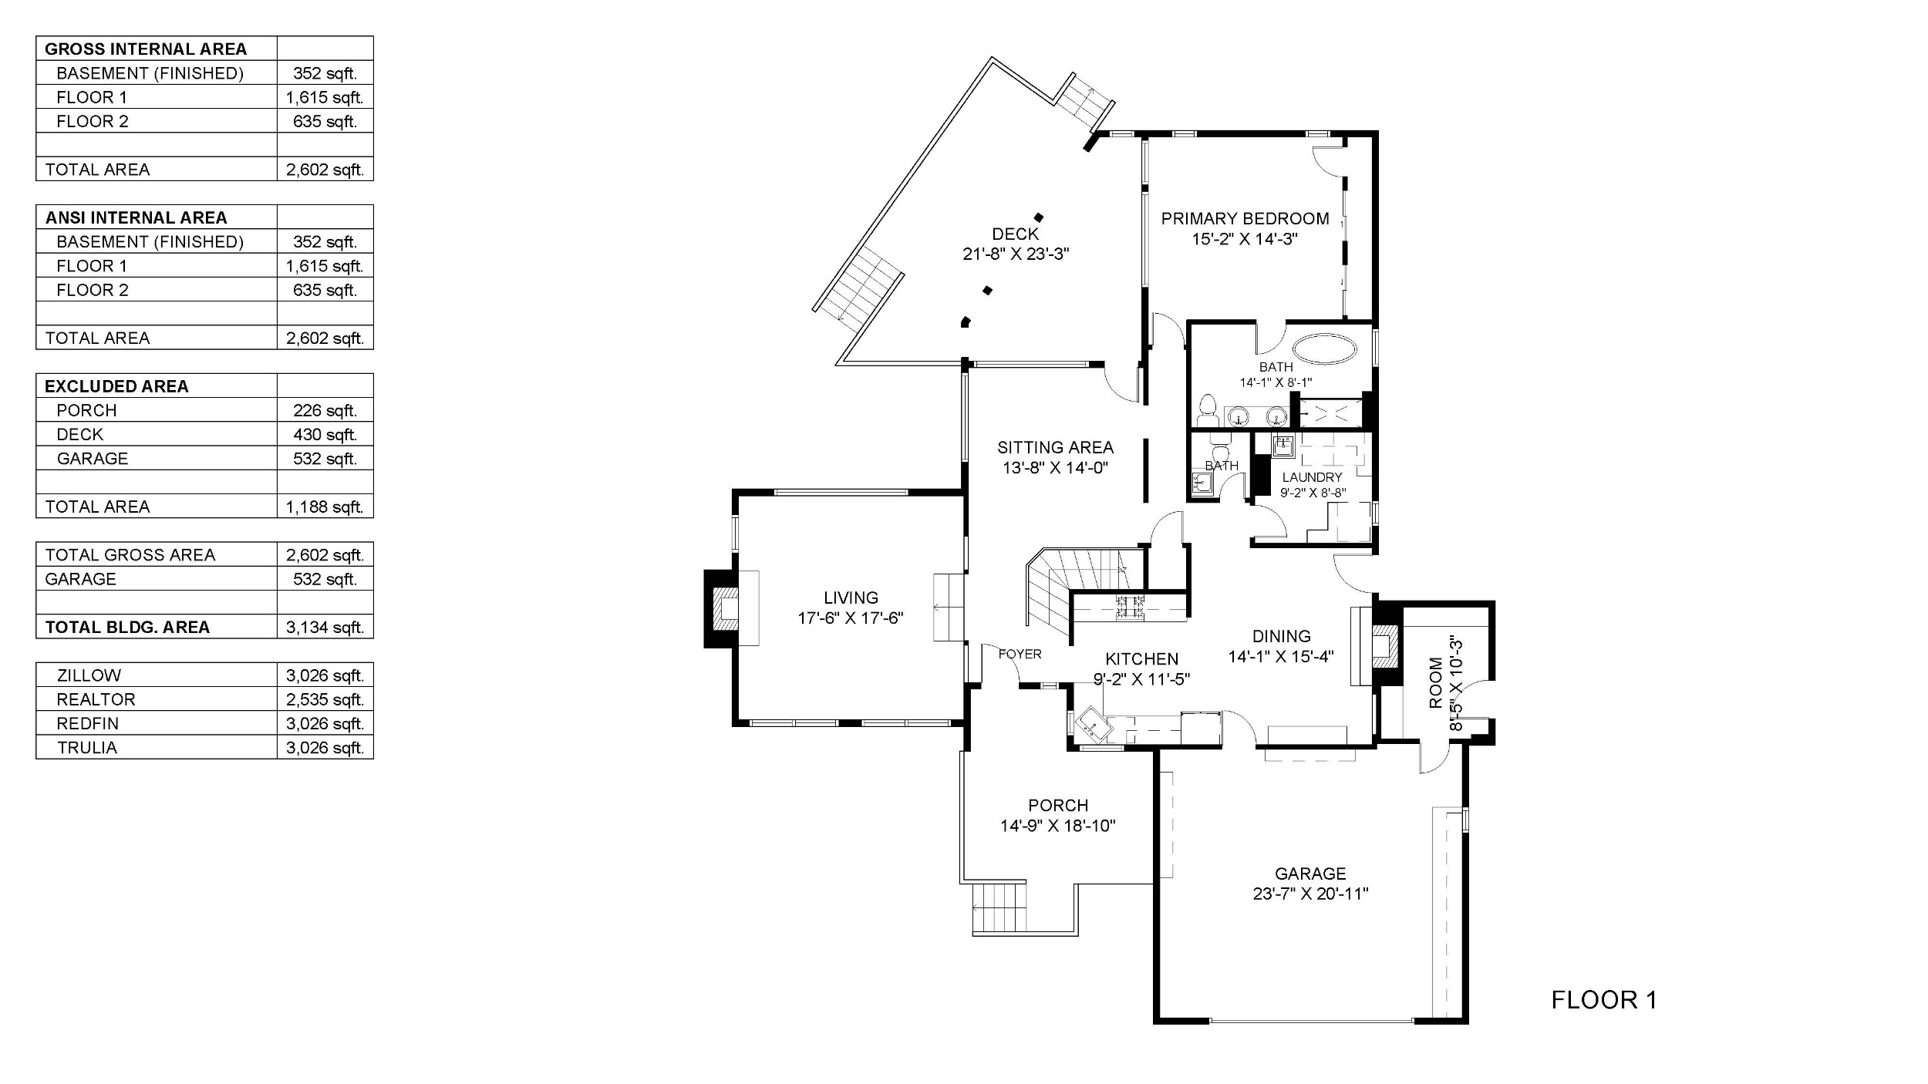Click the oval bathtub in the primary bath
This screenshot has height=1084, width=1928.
click(1325, 349)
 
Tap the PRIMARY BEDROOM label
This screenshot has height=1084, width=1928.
click(1245, 218)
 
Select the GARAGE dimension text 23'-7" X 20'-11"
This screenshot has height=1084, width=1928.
click(1310, 894)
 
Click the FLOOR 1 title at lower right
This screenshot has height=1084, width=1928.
click(1604, 1000)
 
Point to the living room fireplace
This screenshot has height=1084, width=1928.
click(722, 609)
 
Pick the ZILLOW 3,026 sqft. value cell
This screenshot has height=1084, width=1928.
click(325, 675)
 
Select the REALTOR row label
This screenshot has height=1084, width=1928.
click(96, 699)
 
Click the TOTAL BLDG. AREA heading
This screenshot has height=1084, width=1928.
click(127, 627)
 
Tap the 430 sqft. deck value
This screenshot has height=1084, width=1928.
click(325, 434)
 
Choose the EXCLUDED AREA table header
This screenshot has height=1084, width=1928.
click(116, 386)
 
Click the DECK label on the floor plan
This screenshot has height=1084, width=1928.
click(1015, 234)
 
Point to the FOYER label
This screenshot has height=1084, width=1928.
click(1020, 654)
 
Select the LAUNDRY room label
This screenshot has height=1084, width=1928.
click(1312, 477)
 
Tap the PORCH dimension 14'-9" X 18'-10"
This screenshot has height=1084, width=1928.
click(1058, 826)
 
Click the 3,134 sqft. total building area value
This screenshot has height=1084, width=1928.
click(325, 627)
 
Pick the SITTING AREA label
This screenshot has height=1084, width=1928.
click(1055, 447)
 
